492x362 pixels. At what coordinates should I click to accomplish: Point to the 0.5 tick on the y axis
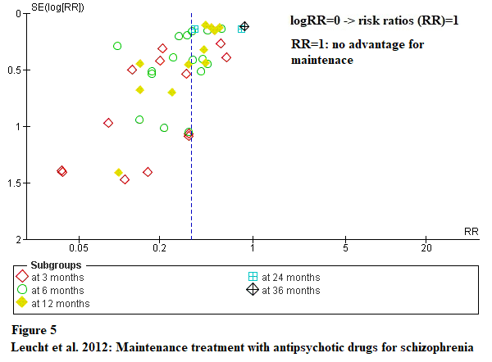coord(16,70)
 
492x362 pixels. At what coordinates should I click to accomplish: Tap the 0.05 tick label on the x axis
coord(79,247)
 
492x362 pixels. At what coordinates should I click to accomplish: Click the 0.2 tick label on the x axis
coord(161,247)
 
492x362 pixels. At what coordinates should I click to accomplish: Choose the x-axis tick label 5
coord(345,247)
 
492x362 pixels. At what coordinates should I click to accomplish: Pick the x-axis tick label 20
coord(426,247)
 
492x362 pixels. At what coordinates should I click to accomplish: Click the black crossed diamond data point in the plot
coord(244,27)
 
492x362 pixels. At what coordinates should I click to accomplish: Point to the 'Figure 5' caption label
coord(34,331)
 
